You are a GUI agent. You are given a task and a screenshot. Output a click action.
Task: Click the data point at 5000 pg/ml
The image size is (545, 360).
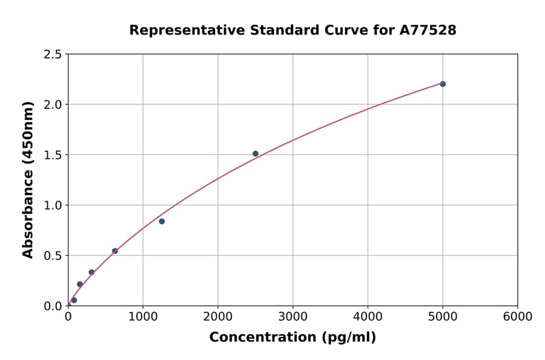click(443, 84)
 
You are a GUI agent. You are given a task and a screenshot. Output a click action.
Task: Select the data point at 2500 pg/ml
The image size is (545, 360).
click(256, 154)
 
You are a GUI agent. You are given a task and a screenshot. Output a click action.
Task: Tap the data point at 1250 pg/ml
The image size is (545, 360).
click(162, 221)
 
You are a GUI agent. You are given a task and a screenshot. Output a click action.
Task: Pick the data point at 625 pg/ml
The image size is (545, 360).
click(115, 251)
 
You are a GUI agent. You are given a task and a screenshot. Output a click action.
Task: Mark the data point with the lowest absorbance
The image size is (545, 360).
click(74, 300)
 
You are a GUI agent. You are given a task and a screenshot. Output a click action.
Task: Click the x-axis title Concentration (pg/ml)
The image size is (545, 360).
click(292, 338)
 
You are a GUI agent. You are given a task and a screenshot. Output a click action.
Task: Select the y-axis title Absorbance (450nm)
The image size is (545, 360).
click(28, 180)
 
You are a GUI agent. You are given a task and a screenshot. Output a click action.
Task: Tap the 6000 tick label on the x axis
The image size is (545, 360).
click(517, 317)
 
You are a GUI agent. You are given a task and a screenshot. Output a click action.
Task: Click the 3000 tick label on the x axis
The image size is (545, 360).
click(292, 317)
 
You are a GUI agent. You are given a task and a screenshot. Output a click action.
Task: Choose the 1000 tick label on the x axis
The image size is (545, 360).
click(143, 317)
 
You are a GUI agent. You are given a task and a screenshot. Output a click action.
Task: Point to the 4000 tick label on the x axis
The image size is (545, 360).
click(368, 317)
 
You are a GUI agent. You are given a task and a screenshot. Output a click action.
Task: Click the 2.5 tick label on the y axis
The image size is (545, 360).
click(53, 55)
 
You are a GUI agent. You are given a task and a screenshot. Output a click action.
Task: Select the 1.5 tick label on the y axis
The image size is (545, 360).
click(53, 155)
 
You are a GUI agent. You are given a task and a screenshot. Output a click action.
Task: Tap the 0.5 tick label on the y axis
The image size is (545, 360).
click(53, 256)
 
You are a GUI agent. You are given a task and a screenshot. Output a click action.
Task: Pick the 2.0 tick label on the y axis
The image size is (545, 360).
click(53, 105)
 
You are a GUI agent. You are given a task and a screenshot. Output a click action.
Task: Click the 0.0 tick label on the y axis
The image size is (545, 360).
click(53, 306)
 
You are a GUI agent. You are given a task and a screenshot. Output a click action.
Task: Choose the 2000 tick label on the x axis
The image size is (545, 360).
click(218, 317)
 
